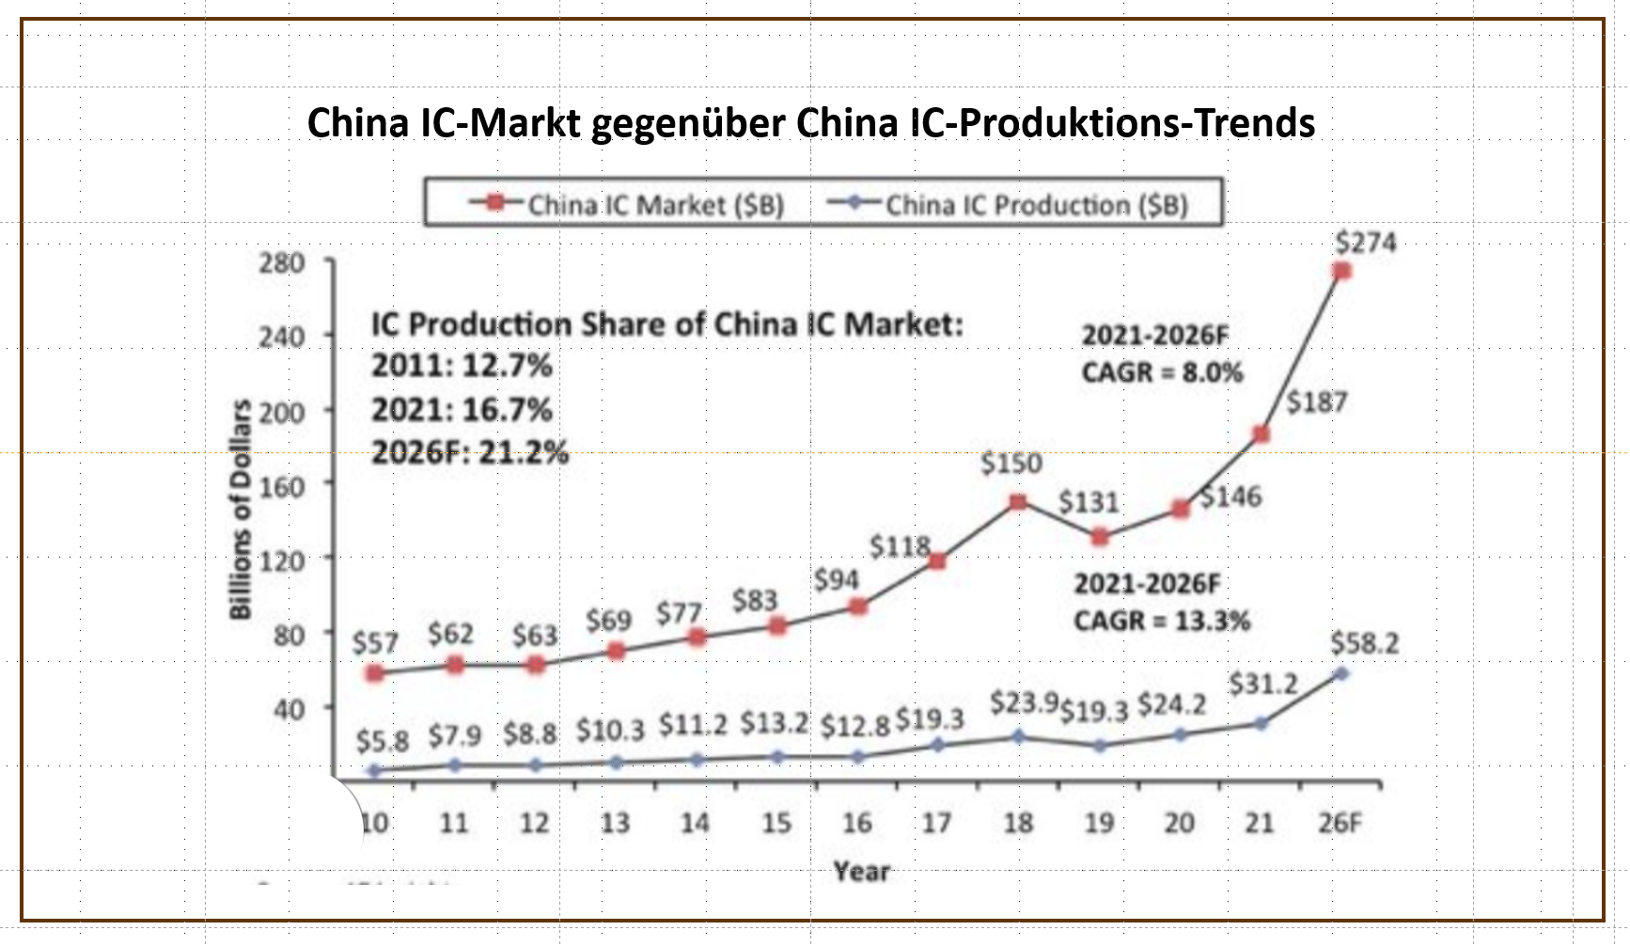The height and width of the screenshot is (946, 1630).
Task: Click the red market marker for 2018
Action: [1017, 502]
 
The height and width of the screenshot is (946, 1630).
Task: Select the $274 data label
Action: [1366, 243]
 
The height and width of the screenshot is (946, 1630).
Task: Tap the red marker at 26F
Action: [1341, 271]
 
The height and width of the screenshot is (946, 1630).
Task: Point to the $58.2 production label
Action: [1364, 643]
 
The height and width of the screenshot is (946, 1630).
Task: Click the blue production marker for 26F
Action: [1341, 673]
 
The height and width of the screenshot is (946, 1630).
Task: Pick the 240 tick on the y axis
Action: [282, 337]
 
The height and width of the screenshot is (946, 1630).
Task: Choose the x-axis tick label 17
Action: [936, 823]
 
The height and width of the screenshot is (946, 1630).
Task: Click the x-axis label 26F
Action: [1340, 823]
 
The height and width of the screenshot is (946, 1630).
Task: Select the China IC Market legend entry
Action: [628, 204]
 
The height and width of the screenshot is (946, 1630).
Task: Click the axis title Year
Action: [861, 872]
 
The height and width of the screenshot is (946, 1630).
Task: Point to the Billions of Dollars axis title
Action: [242, 509]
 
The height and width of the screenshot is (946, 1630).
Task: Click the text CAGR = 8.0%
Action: [1162, 372]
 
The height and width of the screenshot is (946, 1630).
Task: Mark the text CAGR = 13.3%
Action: [1162, 621]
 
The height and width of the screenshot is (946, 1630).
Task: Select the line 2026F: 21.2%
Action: [470, 452]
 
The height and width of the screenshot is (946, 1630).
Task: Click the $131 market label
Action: [1089, 502]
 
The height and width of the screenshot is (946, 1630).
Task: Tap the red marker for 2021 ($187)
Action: [1262, 434]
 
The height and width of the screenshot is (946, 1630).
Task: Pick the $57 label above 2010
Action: [375, 643]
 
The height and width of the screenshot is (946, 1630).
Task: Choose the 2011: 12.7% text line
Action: [462, 365]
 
